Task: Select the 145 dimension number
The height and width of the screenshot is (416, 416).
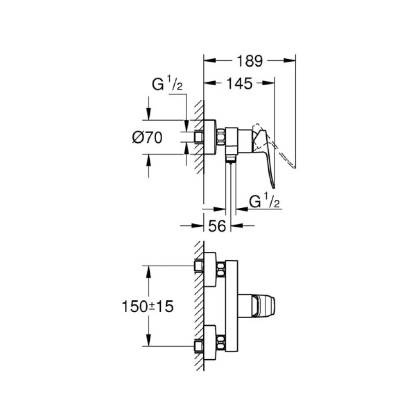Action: click(240, 84)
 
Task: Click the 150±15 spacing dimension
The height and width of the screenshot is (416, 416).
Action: click(147, 307)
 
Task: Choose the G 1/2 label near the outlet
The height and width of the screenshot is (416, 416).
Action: click(266, 202)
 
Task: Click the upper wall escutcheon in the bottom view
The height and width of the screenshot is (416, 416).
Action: click(210, 270)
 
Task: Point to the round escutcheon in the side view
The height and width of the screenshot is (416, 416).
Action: click(210, 137)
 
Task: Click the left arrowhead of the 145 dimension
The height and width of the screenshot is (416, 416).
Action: click(207, 84)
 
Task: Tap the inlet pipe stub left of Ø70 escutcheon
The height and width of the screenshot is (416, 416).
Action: click(198, 137)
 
